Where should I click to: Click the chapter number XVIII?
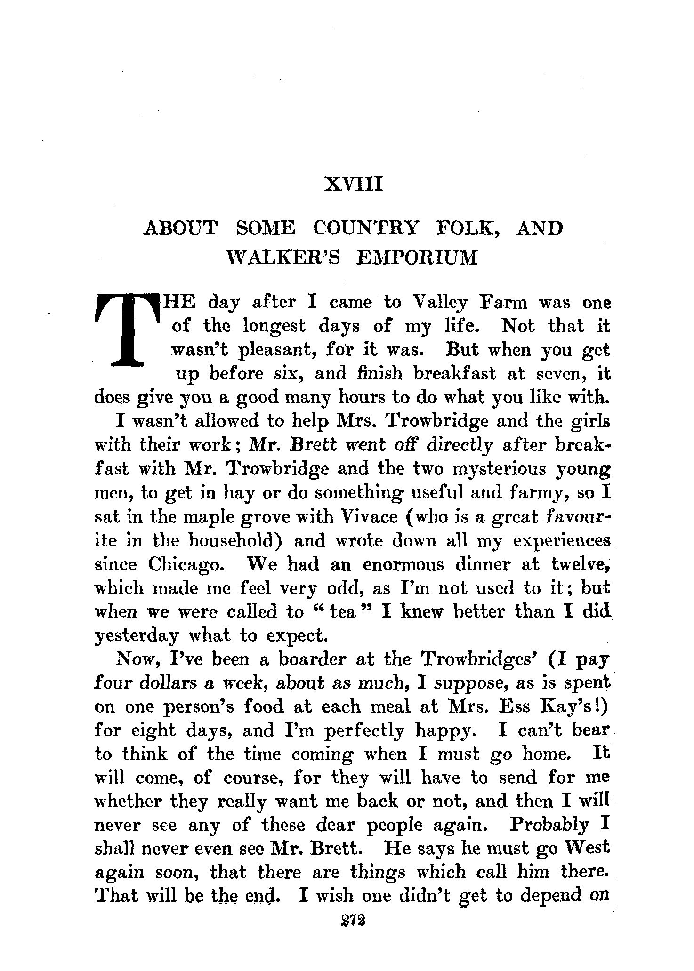coord(353,185)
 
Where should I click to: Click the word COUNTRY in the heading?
coord(365,229)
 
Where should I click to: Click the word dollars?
coord(168,683)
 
